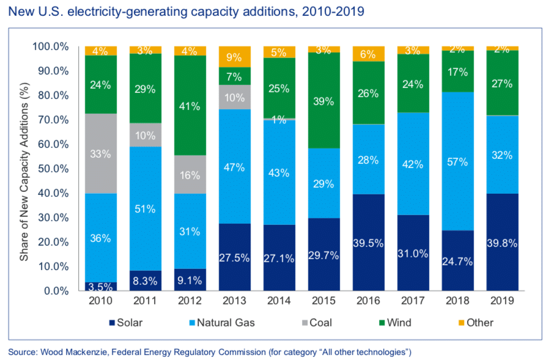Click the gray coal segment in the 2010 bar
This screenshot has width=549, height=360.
pos(101,153)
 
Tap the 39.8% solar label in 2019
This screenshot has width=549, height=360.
pos(502,243)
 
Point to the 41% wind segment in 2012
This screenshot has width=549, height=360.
pos(190,106)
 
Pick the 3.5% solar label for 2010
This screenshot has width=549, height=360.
pos(101,286)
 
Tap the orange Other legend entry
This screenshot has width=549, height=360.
pos(474,322)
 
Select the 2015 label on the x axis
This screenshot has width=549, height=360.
pos(324,301)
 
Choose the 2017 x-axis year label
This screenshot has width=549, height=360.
pos(413,301)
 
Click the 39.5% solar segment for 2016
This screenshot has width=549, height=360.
pos(368,243)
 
